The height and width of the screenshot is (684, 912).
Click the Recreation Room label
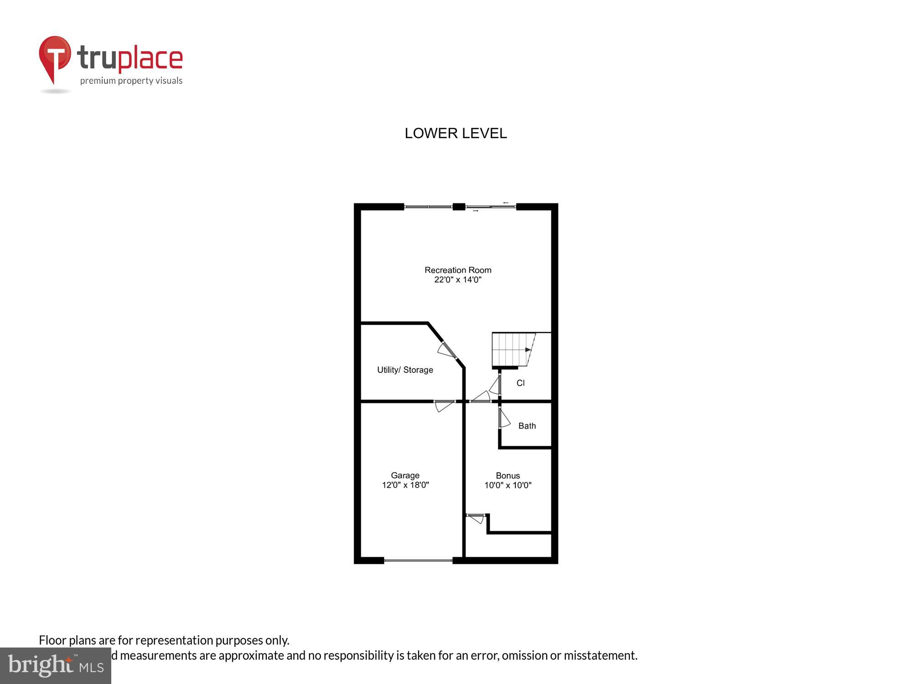pos(458,270)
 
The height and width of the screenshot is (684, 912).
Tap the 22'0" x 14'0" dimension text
pos(458,280)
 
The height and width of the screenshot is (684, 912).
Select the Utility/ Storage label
pos(405,370)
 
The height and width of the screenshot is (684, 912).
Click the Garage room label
pos(405,475)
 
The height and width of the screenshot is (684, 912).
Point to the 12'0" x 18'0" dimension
pos(405,485)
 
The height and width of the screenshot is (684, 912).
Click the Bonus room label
pos(508,476)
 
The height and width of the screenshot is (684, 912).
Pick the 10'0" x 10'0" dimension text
pos(508,485)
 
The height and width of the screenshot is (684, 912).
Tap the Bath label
pos(527,426)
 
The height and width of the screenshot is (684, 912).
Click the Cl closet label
pos(520,383)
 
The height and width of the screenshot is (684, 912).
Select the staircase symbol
pos(513,350)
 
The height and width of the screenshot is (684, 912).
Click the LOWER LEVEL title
pos(456,133)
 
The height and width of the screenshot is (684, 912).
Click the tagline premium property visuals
pos(131,81)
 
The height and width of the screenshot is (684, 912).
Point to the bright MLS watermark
pos(56,666)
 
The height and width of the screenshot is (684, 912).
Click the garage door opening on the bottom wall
pos(418,560)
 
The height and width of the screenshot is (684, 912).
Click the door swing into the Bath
pos(503,418)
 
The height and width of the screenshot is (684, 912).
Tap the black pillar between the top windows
pos(459,207)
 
